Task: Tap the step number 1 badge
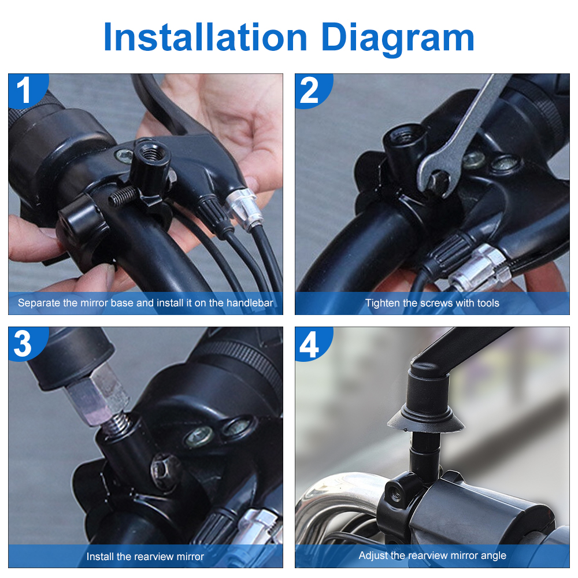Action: click(x=24, y=91)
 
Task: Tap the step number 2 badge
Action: click(x=310, y=91)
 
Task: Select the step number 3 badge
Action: click(x=23, y=344)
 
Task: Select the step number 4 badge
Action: click(x=310, y=344)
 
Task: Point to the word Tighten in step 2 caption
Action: click(x=382, y=303)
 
